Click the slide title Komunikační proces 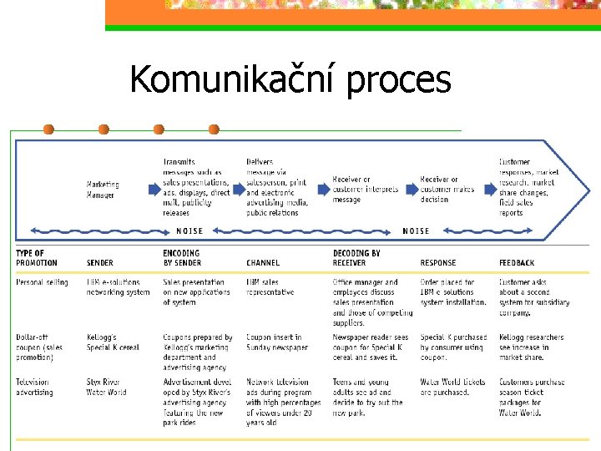(290, 80)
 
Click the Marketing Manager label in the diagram (103, 190)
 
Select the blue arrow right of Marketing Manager (153, 190)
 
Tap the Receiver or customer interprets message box (363, 190)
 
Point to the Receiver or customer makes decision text (447, 190)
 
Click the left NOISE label (189, 231)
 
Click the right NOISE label (416, 231)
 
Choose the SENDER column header (100, 263)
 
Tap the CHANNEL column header (263, 263)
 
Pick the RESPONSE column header (438, 263)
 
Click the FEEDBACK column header (518, 263)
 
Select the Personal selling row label (42, 282)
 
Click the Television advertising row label (34, 388)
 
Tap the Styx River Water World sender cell (107, 388)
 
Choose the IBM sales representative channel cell (270, 287)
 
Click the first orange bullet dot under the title (48, 129)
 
